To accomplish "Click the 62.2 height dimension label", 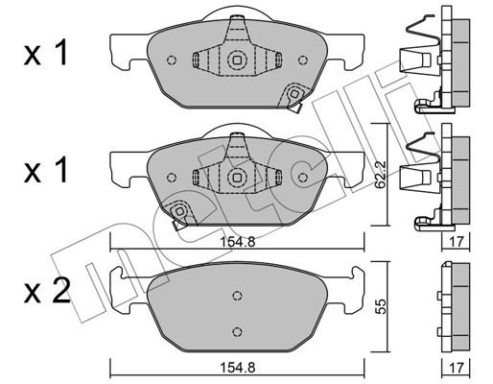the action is [381, 175].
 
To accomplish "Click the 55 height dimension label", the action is [381, 306].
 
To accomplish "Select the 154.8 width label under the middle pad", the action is [237, 242].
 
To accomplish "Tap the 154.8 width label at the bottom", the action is [237, 368].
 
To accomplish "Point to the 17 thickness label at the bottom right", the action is [456, 368].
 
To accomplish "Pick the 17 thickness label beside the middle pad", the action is [456, 242].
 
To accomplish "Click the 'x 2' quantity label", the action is [47, 291].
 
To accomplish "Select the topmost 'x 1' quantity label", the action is [46, 53].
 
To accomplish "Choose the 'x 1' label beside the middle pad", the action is [46, 170].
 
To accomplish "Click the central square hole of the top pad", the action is [237, 60].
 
